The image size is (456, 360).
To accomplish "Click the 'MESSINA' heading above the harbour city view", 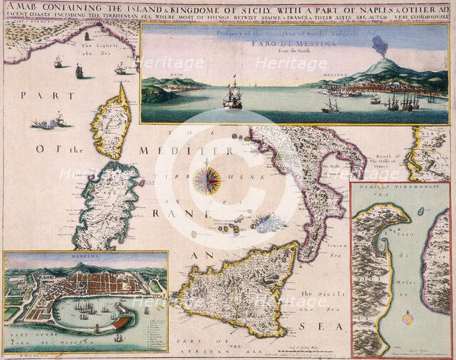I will (85, 255).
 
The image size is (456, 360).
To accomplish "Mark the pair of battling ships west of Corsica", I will (52, 121).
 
